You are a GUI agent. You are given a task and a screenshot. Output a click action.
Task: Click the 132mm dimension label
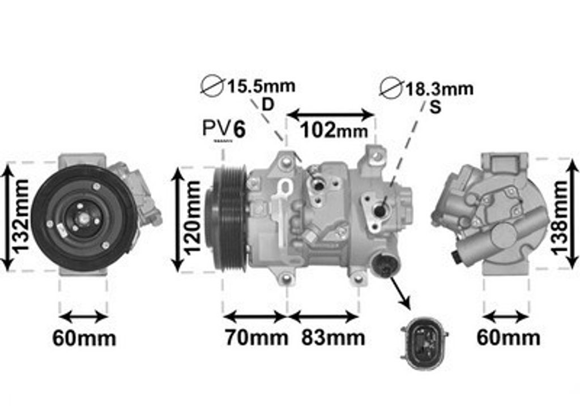click(21, 216)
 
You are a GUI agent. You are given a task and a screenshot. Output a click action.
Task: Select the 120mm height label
click(193, 218)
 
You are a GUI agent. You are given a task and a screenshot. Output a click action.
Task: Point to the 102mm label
click(334, 130)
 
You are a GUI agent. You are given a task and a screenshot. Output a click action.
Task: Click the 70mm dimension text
click(257, 337)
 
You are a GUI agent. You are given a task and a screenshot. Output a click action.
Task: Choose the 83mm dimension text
click(333, 337)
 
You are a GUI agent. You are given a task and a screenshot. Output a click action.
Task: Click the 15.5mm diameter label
click(261, 87)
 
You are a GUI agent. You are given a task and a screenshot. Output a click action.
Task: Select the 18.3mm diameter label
click(440, 89)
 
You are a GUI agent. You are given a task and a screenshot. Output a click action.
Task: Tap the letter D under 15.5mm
click(267, 105)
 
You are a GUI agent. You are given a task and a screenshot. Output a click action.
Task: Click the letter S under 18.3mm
click(436, 107)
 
